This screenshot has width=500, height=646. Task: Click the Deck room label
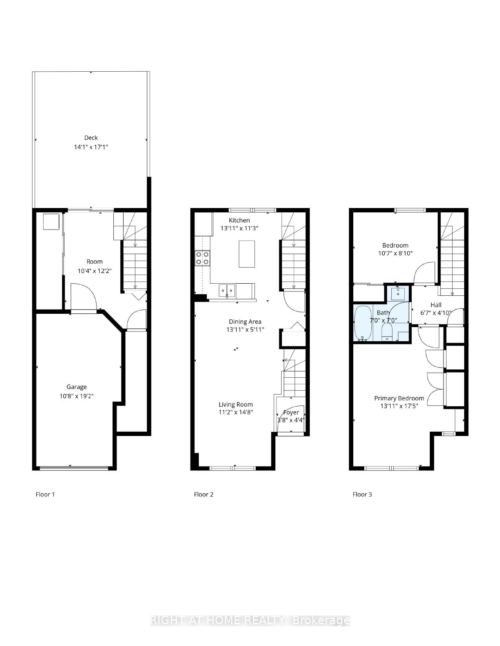coord(91,138)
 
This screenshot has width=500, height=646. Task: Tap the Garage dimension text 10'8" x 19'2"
coord(76,396)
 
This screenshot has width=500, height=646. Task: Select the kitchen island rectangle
coord(247,254)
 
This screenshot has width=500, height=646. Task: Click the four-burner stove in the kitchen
coord(202,258)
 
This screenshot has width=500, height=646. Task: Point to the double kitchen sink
coord(227,291)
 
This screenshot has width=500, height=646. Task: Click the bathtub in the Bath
coord(363,323)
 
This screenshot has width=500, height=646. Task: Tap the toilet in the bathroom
coord(387,332)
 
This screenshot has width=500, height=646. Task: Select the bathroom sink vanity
coord(398,293)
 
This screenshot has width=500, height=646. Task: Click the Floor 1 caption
coord(45,494)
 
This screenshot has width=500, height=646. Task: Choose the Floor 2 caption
coord(204,494)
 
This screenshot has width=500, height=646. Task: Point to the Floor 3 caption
coord(362,494)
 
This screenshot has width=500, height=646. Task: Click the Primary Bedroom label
coord(399,398)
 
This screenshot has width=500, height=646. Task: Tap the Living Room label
coord(236,404)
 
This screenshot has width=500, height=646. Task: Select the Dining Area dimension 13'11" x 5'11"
coord(245,329)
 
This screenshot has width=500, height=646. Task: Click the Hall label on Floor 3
coord(436,305)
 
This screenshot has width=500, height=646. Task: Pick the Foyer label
coord(291,412)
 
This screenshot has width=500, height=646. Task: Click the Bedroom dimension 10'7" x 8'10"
coord(395,253)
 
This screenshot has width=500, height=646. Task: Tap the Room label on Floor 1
coord(95,261)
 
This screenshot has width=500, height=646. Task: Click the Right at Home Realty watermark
coord(250,621)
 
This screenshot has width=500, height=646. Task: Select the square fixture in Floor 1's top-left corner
coord(51,222)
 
